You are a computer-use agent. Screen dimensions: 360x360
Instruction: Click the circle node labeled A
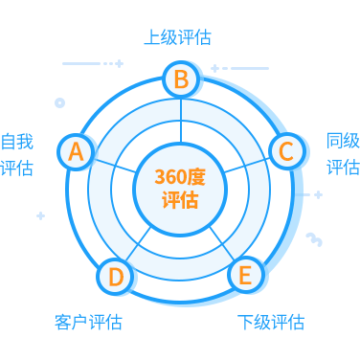(77, 151)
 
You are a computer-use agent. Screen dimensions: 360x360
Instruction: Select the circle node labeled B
(181, 79)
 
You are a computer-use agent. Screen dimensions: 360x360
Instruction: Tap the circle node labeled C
(285, 151)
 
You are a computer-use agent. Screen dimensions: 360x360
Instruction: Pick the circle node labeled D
(115, 277)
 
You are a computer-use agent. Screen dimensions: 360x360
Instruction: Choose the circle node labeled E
(245, 276)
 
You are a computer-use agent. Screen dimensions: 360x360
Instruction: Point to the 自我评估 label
(17, 154)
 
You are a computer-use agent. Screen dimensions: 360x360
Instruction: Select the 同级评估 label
(343, 153)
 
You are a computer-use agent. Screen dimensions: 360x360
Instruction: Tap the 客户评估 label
(88, 322)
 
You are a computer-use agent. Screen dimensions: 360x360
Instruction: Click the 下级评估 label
(270, 322)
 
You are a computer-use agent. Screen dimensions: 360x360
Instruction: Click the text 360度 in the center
(180, 177)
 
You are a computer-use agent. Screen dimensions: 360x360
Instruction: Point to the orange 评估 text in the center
(180, 200)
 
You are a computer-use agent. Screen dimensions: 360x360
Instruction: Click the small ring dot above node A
(60, 101)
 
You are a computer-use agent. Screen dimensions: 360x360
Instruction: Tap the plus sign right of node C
(318, 194)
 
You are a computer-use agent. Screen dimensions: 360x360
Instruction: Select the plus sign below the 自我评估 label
(40, 215)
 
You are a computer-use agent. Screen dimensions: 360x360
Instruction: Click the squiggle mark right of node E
(314, 238)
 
